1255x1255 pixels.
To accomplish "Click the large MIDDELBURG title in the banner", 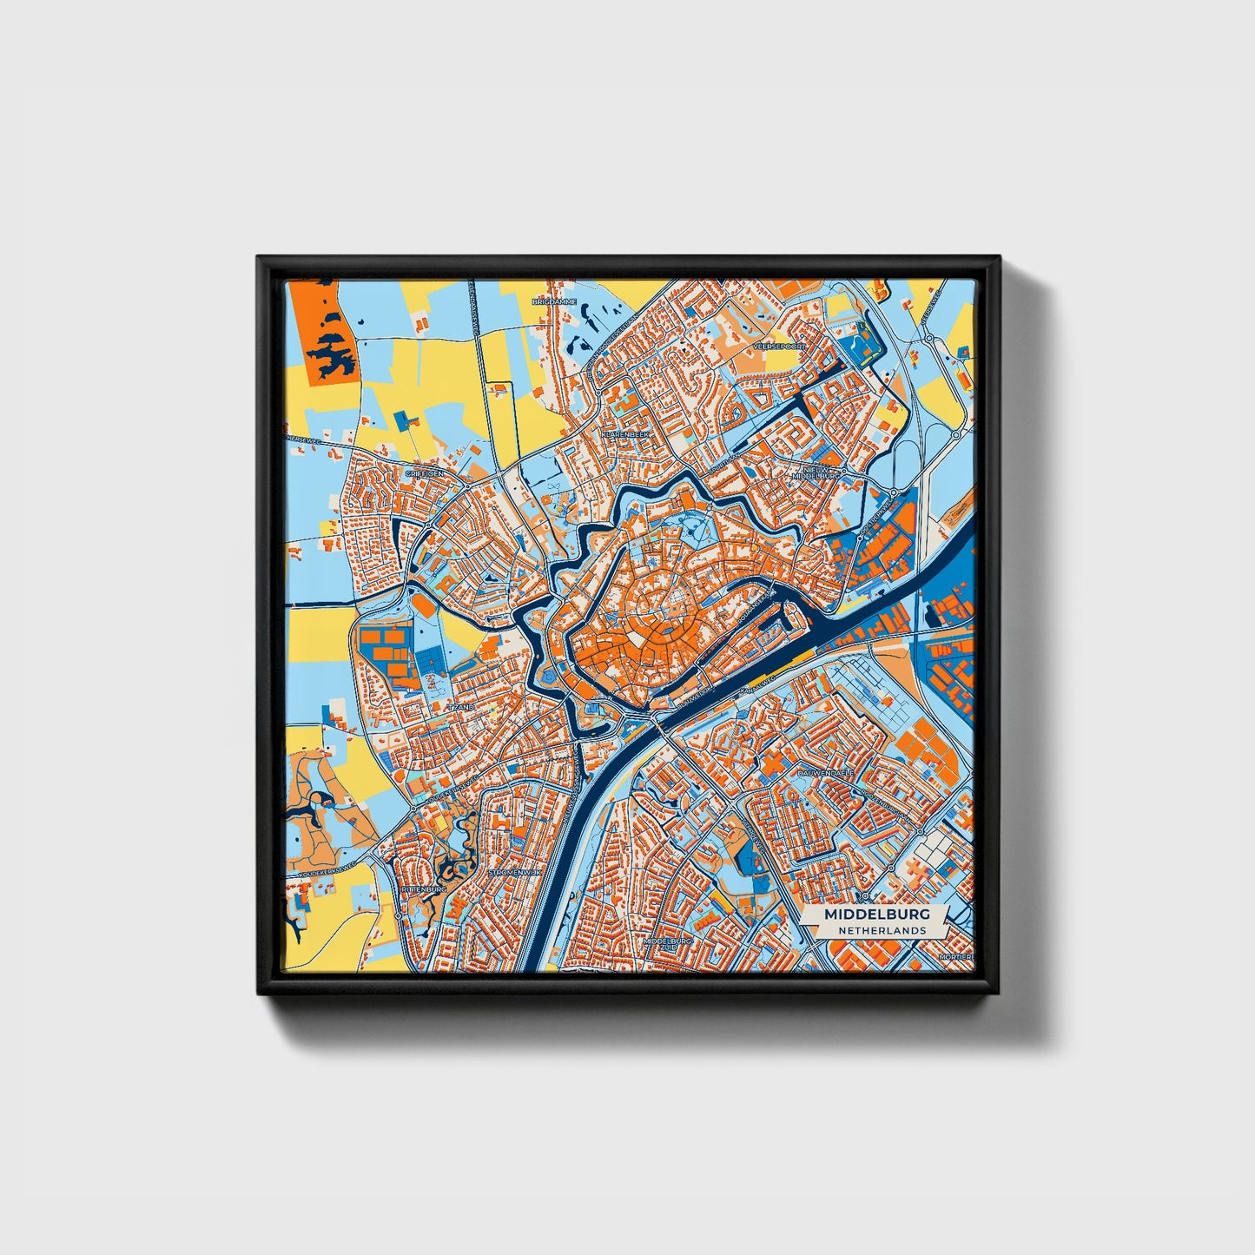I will [876, 915].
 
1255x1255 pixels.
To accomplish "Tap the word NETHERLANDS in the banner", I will [882, 930].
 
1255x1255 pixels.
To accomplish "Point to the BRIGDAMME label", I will [554, 301].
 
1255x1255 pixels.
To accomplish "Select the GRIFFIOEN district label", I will [425, 473].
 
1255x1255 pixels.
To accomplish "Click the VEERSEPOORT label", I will [780, 345].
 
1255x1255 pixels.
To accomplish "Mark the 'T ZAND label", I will [461, 708].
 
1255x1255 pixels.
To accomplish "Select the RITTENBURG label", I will [425, 890].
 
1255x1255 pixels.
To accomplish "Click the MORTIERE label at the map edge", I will [958, 955].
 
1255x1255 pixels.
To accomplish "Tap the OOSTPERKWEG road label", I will [876, 519].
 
